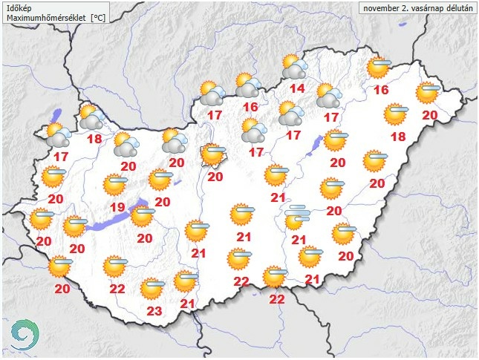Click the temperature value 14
(297, 90)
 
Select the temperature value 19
(117, 206)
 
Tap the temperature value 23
(154, 311)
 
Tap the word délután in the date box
(455, 8)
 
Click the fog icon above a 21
(299, 217)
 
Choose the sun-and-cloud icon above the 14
(296, 68)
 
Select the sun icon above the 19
(116, 183)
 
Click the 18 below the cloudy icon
(94, 139)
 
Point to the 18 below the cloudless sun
(398, 137)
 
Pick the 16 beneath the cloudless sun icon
(382, 91)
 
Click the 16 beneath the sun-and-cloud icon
(250, 107)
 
